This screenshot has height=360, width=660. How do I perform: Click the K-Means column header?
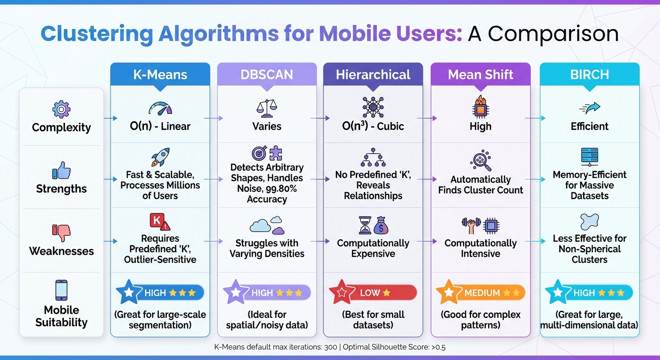coord(160,75)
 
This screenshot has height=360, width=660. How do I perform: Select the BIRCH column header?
coord(589,75)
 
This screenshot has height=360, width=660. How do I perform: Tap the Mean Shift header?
coord(480,75)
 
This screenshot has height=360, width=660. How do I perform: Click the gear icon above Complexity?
coord(61,109)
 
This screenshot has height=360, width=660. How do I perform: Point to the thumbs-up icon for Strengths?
coord(61,171)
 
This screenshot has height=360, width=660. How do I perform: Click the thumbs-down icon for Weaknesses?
coord(61,233)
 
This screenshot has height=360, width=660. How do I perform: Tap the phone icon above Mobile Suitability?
coord(61,290)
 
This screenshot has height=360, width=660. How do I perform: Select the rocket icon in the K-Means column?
coord(160,157)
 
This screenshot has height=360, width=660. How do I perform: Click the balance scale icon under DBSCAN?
coord(267,108)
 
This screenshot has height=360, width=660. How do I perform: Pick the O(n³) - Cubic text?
coord(373,127)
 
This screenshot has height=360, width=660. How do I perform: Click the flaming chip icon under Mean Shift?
coord(480,106)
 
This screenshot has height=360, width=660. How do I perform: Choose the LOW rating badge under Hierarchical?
coord(373,293)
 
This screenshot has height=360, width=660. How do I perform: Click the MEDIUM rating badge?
coord(480,293)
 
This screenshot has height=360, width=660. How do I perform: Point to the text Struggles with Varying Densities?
coord(267,248)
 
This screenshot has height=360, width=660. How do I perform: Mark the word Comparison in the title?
coord(553,34)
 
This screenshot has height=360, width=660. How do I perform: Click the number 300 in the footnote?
coord(331,347)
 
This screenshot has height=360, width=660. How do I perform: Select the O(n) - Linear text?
coord(160,127)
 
